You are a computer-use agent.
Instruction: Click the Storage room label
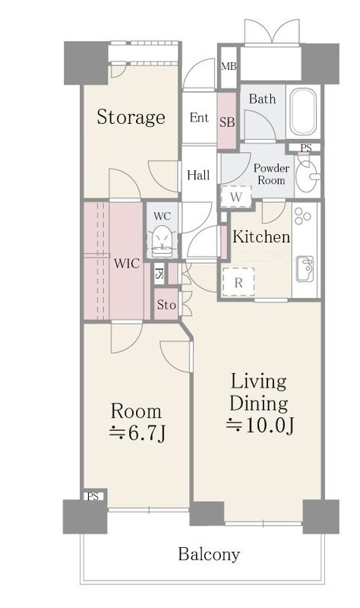(131, 117)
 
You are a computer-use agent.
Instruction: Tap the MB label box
(229, 67)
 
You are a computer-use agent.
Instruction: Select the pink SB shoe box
(226, 121)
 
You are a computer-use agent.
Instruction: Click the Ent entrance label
(199, 118)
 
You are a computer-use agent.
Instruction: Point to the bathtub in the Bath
(303, 112)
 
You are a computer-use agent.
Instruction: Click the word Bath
(262, 99)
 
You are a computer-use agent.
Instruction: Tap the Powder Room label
(271, 174)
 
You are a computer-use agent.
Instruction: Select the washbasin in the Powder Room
(308, 176)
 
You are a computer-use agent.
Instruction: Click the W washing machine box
(236, 197)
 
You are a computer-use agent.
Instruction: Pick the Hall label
(198, 176)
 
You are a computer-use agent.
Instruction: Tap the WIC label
(127, 264)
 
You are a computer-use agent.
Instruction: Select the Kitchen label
(261, 237)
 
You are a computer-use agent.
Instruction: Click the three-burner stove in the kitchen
(302, 217)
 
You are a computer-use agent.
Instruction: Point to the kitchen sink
(305, 269)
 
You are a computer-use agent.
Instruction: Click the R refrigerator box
(238, 282)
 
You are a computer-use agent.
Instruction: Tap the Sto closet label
(166, 306)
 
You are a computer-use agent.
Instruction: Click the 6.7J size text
(137, 433)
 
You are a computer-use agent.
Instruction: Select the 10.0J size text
(260, 426)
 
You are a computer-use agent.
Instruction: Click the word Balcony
(209, 555)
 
